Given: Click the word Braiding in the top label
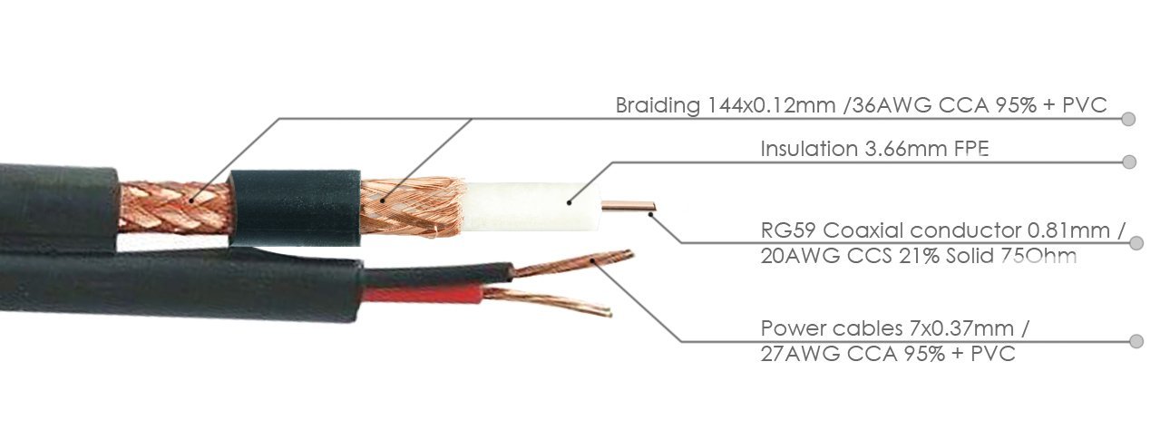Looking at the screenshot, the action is click(x=658, y=106).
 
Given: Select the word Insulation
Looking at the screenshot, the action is click(x=809, y=149).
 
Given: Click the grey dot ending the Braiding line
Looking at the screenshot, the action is click(x=1128, y=119).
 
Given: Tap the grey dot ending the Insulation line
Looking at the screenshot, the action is click(x=1129, y=162).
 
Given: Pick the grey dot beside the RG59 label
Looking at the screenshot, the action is click(x=1136, y=243).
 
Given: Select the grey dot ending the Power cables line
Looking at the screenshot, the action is click(x=1136, y=341).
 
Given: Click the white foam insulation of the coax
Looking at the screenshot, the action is click(x=531, y=207).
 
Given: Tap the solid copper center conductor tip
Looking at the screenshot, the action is click(x=652, y=207).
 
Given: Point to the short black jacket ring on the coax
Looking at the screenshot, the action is click(x=295, y=208).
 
